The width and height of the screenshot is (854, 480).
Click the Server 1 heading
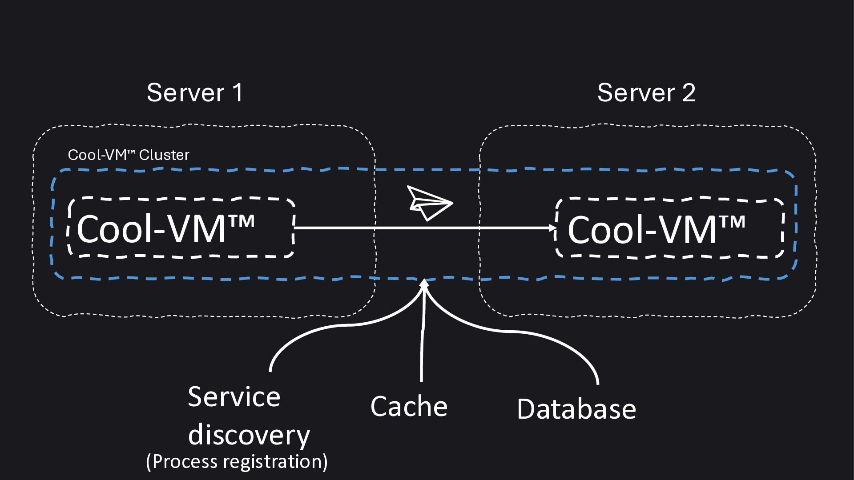click(195, 92)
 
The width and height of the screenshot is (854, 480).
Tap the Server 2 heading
click(646, 92)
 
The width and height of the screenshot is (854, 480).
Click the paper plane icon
click(430, 203)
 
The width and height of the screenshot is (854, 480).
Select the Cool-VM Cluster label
click(129, 155)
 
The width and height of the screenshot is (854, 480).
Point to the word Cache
click(409, 406)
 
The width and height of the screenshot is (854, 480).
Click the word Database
click(576, 408)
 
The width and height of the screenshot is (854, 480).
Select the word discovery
click(249, 435)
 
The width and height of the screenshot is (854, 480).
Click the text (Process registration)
click(237, 461)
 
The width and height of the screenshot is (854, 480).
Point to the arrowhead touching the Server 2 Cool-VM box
click(553, 228)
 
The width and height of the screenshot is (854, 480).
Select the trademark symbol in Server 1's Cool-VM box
click(242, 221)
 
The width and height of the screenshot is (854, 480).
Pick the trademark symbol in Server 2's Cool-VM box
click(732, 222)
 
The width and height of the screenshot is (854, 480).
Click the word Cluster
click(164, 155)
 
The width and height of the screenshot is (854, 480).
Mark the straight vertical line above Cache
click(423, 333)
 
